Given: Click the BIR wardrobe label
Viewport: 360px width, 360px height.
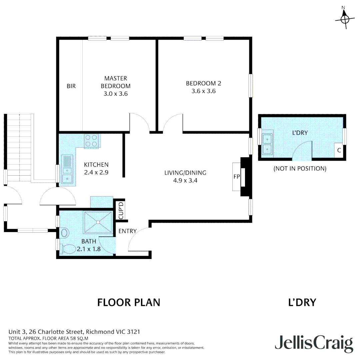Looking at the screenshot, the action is click(71, 86).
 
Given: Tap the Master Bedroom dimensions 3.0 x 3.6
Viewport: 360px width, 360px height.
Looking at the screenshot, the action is click(115, 94).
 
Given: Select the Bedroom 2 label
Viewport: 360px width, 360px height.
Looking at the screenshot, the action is click(204, 83).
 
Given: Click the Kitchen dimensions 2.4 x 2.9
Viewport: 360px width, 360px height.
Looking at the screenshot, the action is click(96, 172).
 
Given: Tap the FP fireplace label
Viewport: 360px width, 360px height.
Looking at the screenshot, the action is click(236, 177).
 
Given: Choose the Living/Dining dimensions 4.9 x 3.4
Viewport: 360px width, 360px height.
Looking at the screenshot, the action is click(185, 180).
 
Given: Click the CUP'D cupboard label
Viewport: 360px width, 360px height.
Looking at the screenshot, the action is click(121, 210).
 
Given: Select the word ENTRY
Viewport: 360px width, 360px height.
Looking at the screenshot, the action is click(127, 231).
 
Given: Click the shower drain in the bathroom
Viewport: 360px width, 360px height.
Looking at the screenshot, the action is click(98, 222).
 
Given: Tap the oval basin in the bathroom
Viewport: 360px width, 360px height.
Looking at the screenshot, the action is click(64, 233).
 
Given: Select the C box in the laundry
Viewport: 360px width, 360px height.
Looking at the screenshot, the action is click(339, 150).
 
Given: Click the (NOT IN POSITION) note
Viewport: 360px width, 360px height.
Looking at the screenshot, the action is click(300, 169).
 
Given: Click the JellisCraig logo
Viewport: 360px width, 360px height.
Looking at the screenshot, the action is click(314, 343).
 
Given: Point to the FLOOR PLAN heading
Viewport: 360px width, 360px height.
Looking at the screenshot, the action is click(129, 302).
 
